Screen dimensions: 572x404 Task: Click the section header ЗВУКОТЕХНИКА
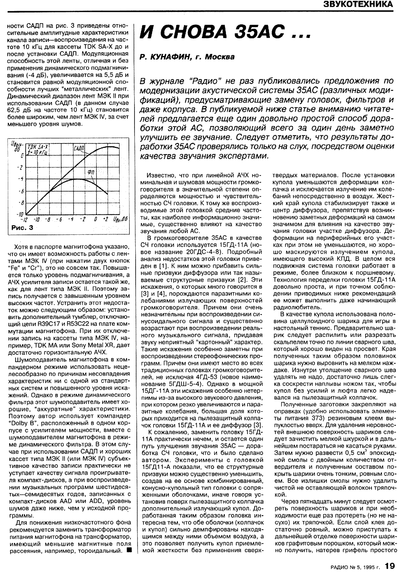358,4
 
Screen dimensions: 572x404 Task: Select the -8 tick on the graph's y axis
22,203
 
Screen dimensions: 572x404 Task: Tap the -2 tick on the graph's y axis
22,167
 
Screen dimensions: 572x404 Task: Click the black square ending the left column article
128,550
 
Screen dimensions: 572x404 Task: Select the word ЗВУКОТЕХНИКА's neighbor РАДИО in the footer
338,566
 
